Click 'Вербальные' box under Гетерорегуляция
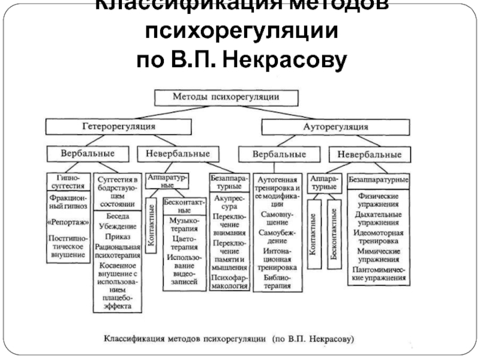[x=87, y=154]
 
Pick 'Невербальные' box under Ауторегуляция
[x=370, y=154]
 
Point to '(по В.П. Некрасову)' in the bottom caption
[x=313, y=338]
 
